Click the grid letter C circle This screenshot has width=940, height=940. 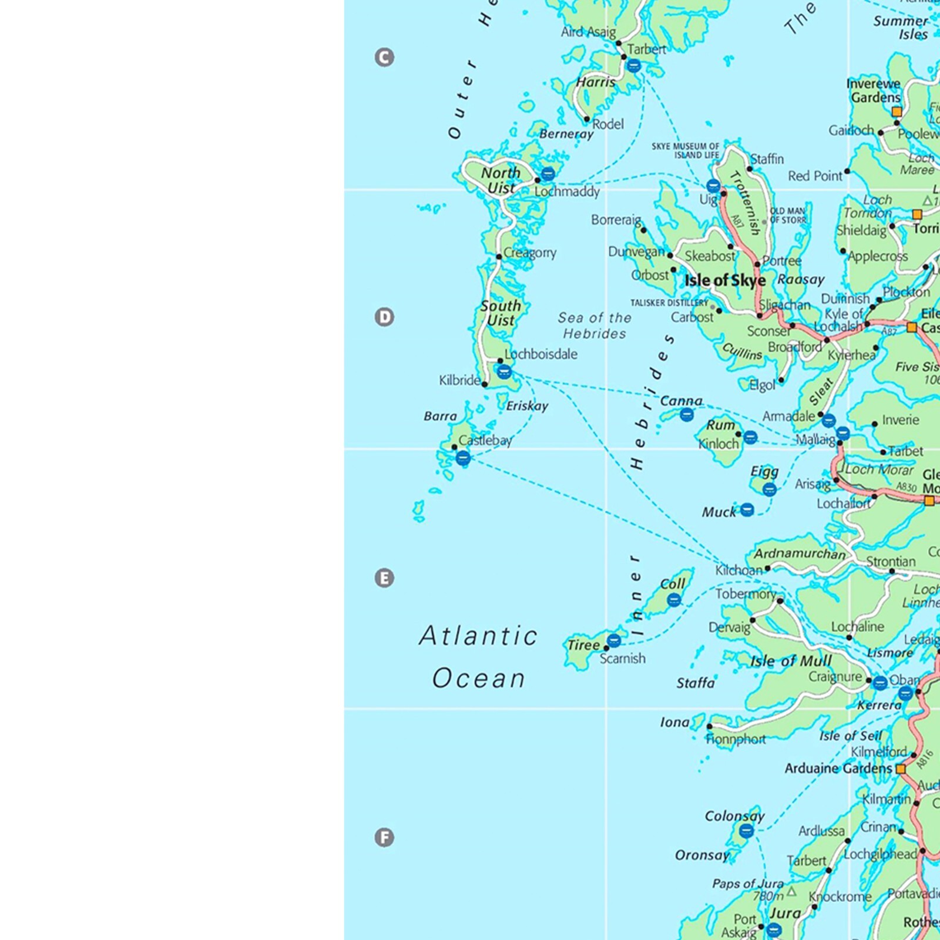tap(384, 58)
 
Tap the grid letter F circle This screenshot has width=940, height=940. tap(384, 837)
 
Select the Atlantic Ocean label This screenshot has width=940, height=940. tap(478, 657)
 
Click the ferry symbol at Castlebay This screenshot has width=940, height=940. tap(463, 458)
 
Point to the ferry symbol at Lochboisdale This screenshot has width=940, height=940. tap(504, 371)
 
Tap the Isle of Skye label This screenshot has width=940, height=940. tap(725, 281)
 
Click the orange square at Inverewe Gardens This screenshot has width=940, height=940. tap(897, 112)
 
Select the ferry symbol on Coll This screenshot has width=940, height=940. tap(674, 600)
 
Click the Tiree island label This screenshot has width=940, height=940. tap(583, 645)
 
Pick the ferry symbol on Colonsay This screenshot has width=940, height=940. tap(746, 830)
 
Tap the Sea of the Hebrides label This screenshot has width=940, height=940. tap(595, 325)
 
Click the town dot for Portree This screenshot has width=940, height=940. tap(757, 264)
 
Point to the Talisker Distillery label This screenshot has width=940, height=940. tap(669, 303)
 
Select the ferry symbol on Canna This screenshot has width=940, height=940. tap(686, 415)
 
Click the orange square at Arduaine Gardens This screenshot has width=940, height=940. tap(901, 768)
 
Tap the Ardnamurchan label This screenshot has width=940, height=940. tap(800, 553)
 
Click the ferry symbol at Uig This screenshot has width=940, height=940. tap(713, 186)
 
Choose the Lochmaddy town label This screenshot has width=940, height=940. tap(567, 192)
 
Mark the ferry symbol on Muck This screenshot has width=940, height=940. tap(747, 509)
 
